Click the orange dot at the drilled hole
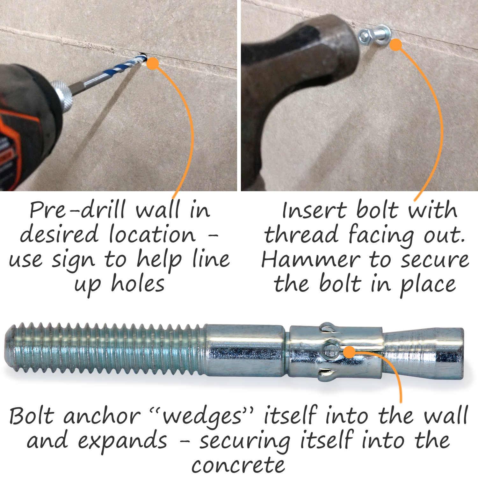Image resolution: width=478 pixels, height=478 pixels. coord(153,63)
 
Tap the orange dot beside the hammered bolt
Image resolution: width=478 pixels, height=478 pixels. coord(395,45)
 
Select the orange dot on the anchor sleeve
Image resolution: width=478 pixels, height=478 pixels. coord(350,352)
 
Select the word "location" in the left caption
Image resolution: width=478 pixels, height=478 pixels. coord(152,234)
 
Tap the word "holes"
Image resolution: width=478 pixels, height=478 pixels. coord(138,284)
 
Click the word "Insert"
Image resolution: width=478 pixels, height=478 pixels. coord(314,210)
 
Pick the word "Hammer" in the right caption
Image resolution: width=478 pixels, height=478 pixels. coord(311,260)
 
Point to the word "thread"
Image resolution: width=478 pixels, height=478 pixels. coord(301,235)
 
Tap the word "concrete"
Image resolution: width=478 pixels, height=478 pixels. coord(238,466)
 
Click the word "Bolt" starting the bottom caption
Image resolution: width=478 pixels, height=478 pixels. coord(31,416)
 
